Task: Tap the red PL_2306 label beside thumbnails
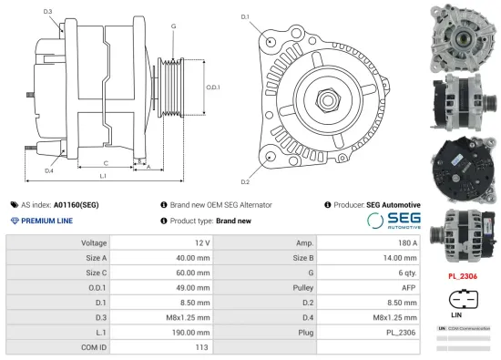point(463,274)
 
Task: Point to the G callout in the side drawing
point(173,26)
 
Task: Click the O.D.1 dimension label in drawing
point(212,87)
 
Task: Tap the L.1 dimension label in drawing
point(102,174)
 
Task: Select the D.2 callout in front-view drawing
point(245,170)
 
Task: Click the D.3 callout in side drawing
point(47,11)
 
